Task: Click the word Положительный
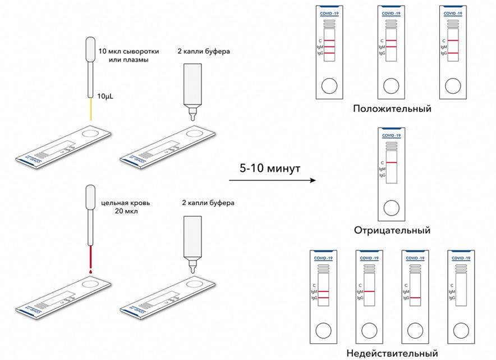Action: (x=392, y=109)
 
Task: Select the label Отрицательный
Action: (x=392, y=230)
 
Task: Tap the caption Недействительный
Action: (x=392, y=353)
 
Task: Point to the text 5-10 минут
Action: (x=270, y=168)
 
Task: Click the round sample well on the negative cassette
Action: (x=391, y=206)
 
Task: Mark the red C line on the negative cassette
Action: (x=391, y=163)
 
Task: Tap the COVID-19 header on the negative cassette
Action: (x=391, y=136)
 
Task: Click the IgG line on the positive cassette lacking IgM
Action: (x=454, y=53)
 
